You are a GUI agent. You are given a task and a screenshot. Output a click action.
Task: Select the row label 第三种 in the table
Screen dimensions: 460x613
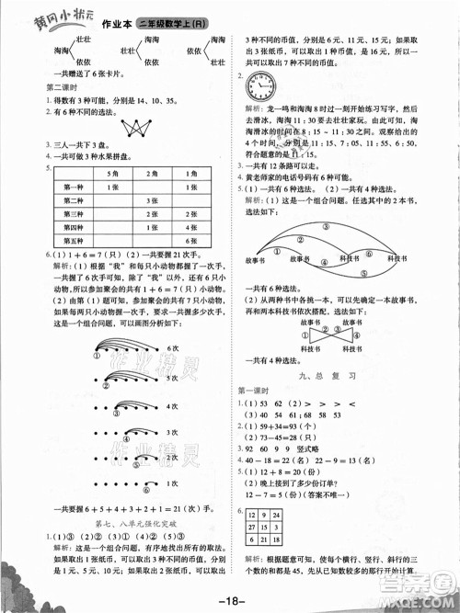[73, 212]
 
